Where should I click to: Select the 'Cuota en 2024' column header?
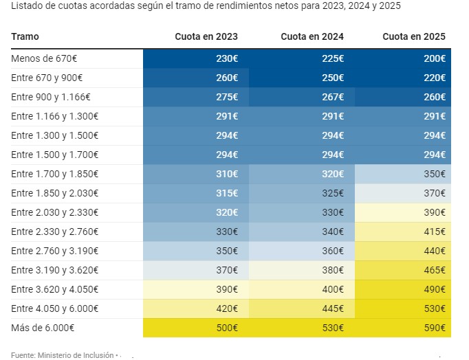pyautogui.click(x=312, y=36)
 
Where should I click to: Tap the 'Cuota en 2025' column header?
pyautogui.click(x=414, y=36)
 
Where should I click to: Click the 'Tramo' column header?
pyautogui.click(x=25, y=36)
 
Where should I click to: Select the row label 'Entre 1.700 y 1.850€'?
pyautogui.click(x=54, y=175)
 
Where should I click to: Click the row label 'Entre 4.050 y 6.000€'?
pyautogui.click(x=54, y=309)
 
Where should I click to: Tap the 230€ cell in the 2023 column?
pyautogui.click(x=227, y=58)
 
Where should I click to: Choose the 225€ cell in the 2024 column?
pyautogui.click(x=332, y=58)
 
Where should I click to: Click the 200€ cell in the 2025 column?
pyautogui.click(x=434, y=58)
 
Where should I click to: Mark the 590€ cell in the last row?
pyautogui.click(x=434, y=328)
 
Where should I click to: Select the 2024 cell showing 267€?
pyautogui.click(x=332, y=97)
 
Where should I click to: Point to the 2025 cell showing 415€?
pyautogui.click(x=434, y=232)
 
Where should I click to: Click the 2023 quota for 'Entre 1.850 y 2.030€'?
pyautogui.click(x=227, y=194)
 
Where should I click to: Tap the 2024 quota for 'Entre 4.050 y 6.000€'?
pyautogui.click(x=332, y=309)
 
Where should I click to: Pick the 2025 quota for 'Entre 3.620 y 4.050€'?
pyautogui.click(x=434, y=290)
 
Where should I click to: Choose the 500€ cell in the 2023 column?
pyautogui.click(x=227, y=328)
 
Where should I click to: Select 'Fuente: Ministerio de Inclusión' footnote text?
pyautogui.click(x=62, y=355)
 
